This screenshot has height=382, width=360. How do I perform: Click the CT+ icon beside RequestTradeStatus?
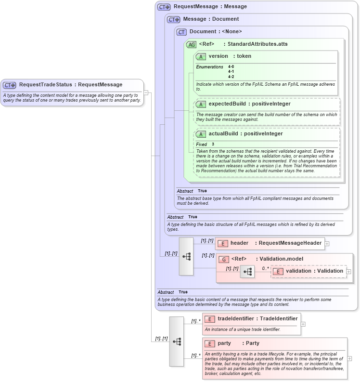click(10, 85)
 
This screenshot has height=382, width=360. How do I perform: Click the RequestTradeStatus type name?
click(45, 85)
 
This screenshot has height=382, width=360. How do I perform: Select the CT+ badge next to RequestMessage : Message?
click(165, 7)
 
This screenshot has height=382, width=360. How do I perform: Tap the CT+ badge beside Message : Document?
click(174, 19)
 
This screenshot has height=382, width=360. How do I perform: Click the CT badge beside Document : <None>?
click(181, 32)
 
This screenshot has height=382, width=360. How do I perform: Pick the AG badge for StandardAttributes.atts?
click(191, 44)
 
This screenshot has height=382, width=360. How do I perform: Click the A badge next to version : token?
click(201, 56)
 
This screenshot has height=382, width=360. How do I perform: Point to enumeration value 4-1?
click(231, 71)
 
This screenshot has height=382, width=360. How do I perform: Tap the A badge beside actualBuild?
click(201, 134)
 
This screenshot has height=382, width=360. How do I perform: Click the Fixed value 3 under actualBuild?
click(213, 144)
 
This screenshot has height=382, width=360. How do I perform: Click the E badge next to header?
click(223, 243)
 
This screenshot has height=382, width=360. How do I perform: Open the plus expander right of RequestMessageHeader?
click(327, 244)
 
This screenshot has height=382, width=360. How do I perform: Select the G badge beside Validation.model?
click(223, 259)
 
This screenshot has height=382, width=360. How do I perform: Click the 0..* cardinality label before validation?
click(265, 268)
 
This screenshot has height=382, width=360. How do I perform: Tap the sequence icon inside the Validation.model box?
click(247, 272)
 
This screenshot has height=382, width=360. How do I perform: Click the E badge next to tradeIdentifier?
click(209, 318)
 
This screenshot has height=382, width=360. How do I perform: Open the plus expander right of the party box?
click(349, 358)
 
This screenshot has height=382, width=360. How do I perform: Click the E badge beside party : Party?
click(209, 343)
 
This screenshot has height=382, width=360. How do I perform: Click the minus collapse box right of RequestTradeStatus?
click(146, 92)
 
